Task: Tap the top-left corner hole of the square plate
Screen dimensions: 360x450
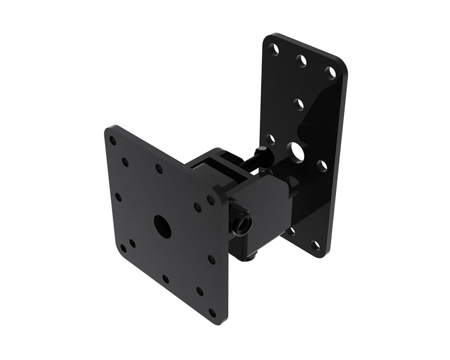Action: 112,142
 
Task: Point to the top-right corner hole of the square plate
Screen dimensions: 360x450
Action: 211,199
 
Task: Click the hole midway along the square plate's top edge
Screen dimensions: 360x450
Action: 159,169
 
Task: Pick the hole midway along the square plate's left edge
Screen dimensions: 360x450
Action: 118,196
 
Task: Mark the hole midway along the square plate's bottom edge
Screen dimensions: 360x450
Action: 165,279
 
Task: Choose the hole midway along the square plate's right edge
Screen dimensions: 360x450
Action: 211,260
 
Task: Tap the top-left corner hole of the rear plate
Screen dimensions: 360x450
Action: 274,47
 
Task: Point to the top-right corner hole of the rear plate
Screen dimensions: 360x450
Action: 330,72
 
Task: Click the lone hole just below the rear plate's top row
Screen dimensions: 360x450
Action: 298,103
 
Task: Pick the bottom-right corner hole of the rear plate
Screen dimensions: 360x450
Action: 315,244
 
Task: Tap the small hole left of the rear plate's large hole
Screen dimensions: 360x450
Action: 271,139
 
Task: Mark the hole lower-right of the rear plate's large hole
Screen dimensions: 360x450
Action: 322,165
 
